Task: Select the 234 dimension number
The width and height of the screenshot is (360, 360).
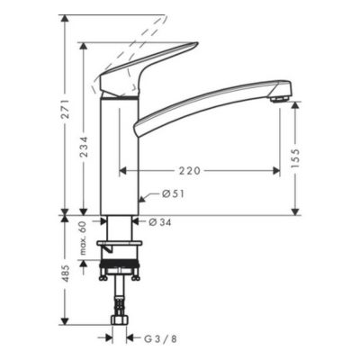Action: click(85, 147)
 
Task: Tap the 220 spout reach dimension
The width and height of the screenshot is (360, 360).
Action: click(190, 171)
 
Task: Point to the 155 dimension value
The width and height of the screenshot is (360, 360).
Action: click(295, 158)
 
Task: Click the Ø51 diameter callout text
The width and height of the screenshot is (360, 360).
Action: click(173, 194)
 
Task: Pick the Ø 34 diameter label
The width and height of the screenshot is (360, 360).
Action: click(160, 222)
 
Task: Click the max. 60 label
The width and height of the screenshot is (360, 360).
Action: click(83, 238)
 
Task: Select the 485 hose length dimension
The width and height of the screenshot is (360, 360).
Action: click(67, 273)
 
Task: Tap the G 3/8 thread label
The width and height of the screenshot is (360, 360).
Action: click(161, 339)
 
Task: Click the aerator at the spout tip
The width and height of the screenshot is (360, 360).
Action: click(280, 99)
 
